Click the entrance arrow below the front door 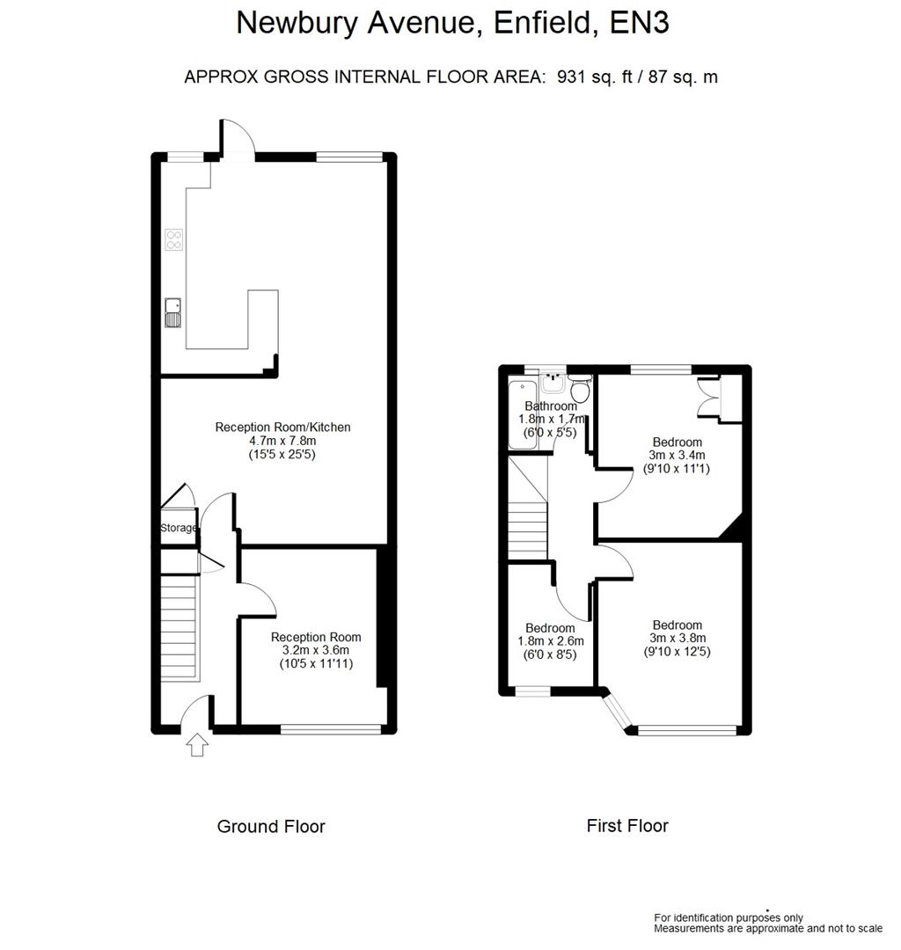point(198,746)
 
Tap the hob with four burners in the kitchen point(174,240)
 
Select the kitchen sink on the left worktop point(172,313)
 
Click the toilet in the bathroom point(579,387)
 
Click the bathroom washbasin point(553,384)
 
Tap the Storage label point(179,528)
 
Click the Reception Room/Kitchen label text point(282,427)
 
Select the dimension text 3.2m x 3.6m point(316,651)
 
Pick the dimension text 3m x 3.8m point(677,639)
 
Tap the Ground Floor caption point(271,827)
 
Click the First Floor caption point(627,826)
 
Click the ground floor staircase point(179,625)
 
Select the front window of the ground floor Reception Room point(332,728)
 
